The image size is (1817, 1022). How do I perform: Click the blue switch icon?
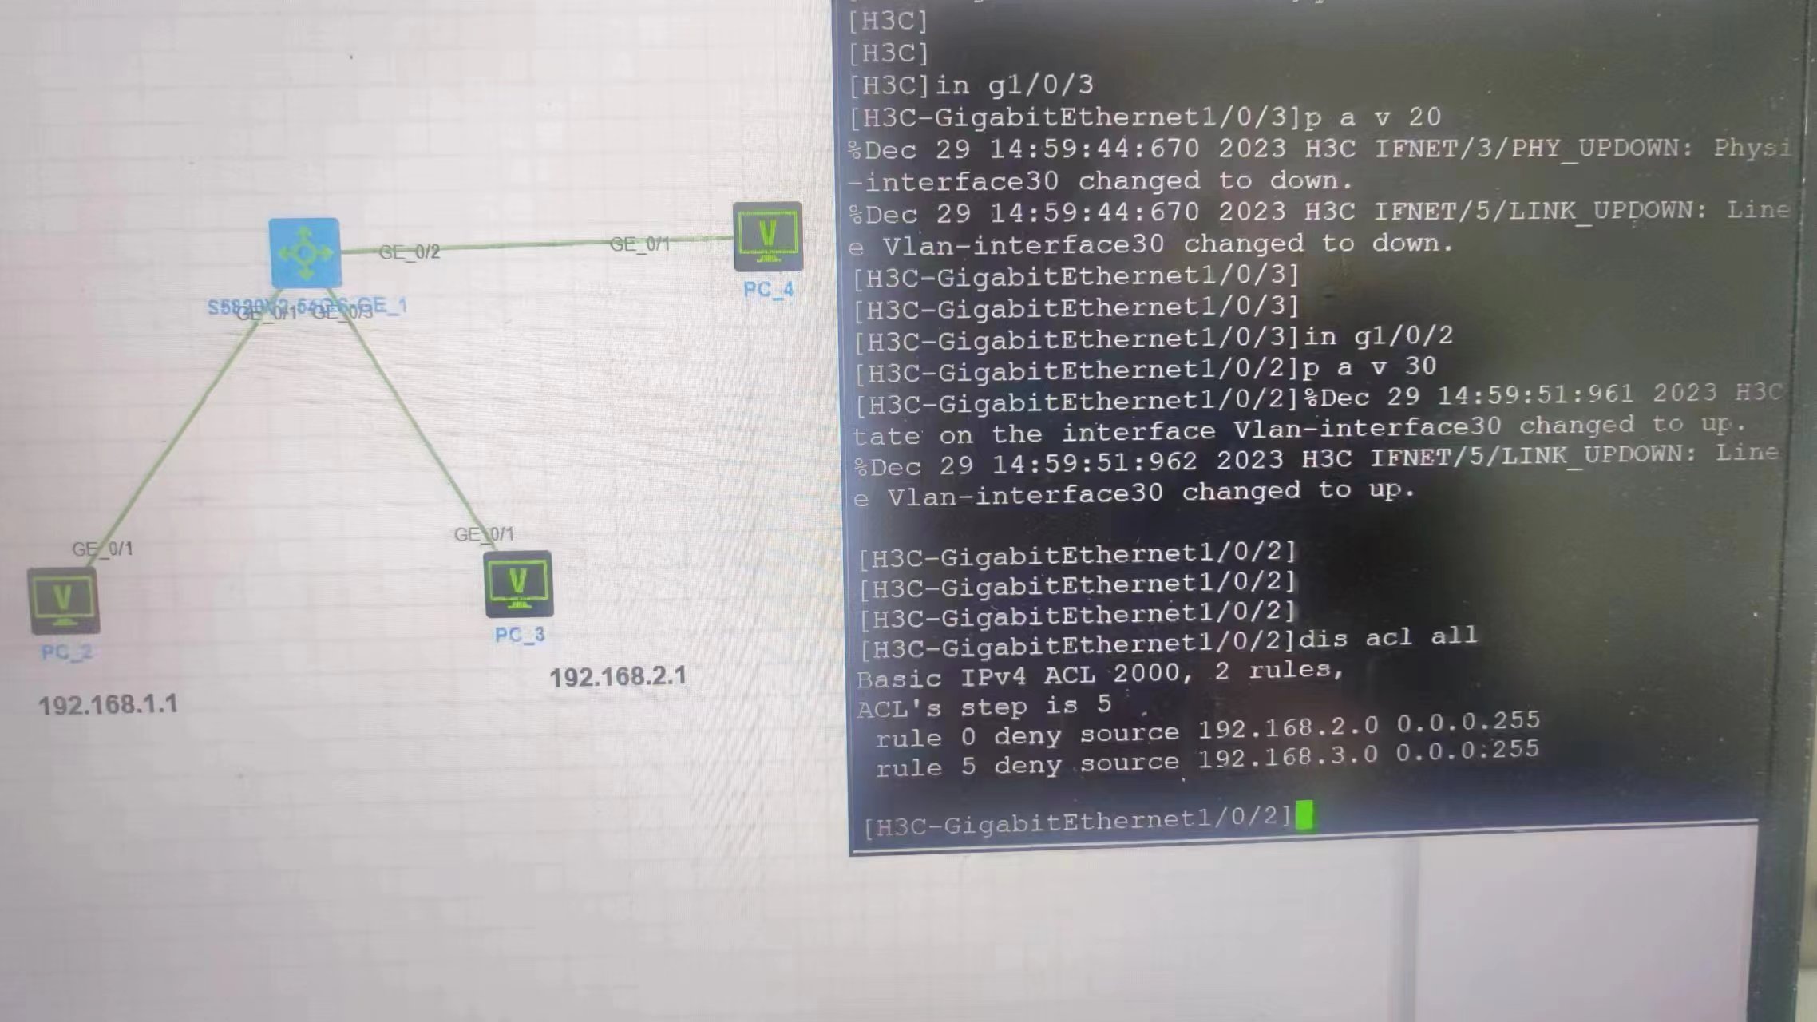click(305, 252)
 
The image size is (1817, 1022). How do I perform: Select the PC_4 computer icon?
click(767, 236)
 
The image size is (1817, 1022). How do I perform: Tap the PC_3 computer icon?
click(518, 584)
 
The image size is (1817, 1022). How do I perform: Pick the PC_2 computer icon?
click(64, 600)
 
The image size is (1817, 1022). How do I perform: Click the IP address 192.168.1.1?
click(108, 705)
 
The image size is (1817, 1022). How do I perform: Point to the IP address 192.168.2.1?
click(618, 677)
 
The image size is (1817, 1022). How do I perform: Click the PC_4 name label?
click(768, 289)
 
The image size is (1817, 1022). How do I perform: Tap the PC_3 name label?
click(519, 635)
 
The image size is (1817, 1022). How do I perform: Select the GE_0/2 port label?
click(409, 252)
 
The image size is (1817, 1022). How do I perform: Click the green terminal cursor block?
click(1304, 815)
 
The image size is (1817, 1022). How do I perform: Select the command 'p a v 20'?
click(1372, 117)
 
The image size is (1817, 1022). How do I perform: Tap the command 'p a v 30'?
click(1369, 367)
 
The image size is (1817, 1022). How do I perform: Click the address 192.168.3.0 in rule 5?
click(1287, 756)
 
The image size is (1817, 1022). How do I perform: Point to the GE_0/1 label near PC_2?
click(102, 549)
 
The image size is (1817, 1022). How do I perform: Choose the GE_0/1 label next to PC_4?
click(639, 244)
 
